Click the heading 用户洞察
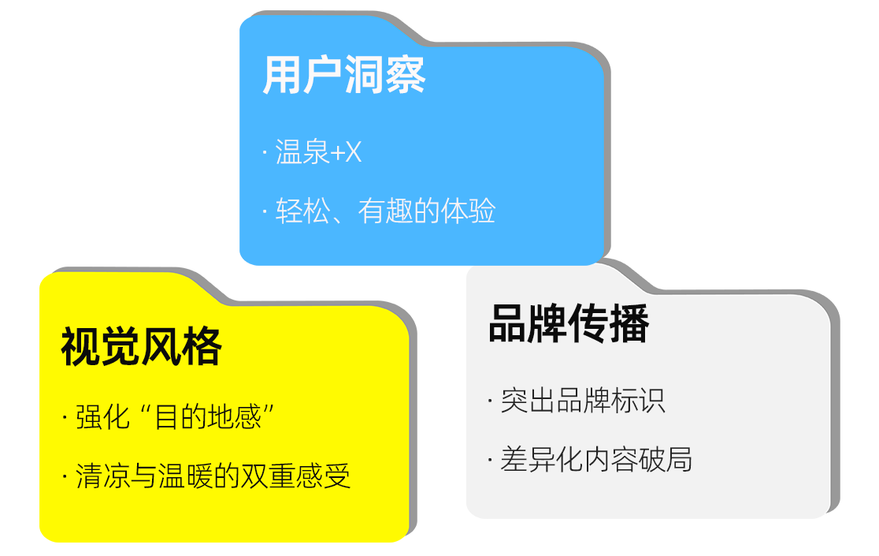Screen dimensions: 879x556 pyautogui.click(x=343, y=75)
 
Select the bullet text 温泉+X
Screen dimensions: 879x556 pyautogui.click(x=318, y=151)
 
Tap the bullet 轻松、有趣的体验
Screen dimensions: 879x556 pyautogui.click(x=385, y=211)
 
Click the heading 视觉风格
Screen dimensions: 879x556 pyautogui.click(x=141, y=346)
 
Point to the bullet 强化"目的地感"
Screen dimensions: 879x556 pyautogui.click(x=174, y=417)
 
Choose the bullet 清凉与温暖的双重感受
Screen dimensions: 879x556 pyautogui.click(x=213, y=476)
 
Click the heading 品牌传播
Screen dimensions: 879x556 pyautogui.click(x=569, y=323)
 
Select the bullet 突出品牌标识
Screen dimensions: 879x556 pyautogui.click(x=582, y=401)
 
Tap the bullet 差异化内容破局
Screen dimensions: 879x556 pyautogui.click(x=596, y=460)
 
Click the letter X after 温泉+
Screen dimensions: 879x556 pyautogui.click(x=354, y=152)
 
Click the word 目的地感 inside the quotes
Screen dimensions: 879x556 pyautogui.click(x=207, y=417)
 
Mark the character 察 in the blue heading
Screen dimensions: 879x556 pyautogui.click(x=406, y=75)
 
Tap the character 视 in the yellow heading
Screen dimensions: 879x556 pyautogui.click(x=80, y=346)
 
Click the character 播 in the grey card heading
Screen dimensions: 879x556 pyautogui.click(x=629, y=323)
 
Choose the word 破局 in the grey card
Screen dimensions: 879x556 pyautogui.click(x=665, y=460)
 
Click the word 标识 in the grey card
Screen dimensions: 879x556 pyautogui.click(x=638, y=401)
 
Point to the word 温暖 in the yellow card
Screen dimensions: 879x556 pyautogui.click(x=186, y=476)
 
